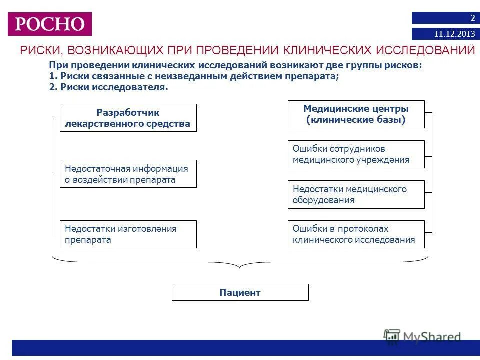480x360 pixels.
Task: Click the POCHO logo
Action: pos(50,24)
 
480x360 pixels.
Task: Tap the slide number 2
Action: pos(472,18)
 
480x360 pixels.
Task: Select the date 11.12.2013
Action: pos(454,34)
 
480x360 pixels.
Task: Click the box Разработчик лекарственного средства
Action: pos(128,118)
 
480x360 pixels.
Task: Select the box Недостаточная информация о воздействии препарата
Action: pos(128,174)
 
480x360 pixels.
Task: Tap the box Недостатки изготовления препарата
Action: pos(128,234)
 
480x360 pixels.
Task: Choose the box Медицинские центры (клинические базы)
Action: pos(356,114)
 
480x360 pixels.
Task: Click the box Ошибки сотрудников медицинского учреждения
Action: pos(356,154)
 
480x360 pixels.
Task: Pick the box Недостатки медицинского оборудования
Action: pos(356,194)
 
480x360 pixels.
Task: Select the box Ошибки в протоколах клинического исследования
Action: pos(356,234)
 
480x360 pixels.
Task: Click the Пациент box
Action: pos(240,292)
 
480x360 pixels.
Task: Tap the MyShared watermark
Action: pos(423,337)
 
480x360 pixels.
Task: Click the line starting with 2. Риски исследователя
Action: pos(108,87)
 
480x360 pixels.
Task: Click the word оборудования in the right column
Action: pos(324,200)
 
